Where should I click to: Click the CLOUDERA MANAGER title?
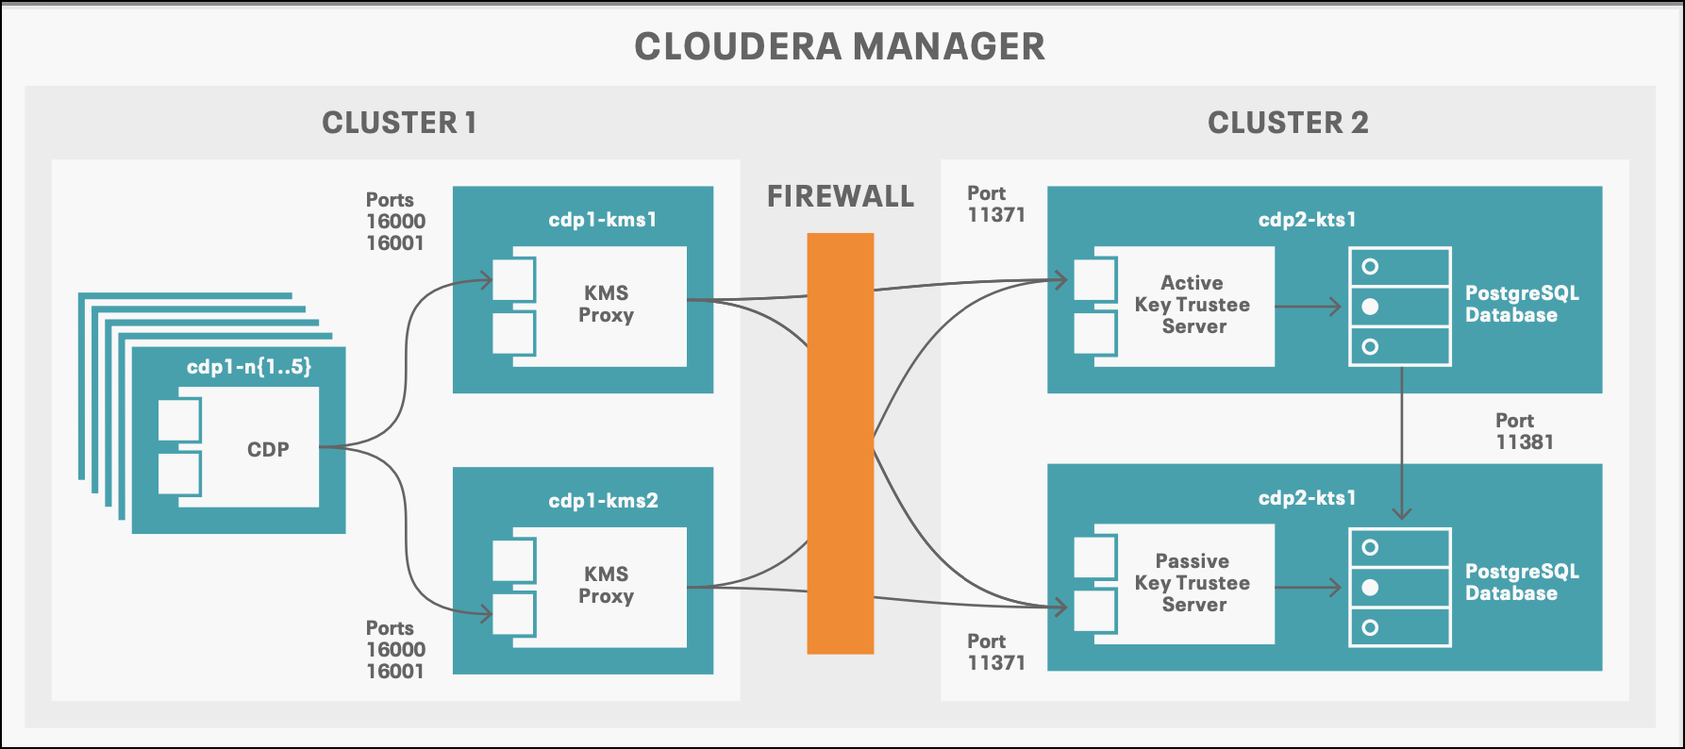(839, 46)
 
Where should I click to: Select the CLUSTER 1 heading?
(399, 123)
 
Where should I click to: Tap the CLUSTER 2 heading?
(1287, 123)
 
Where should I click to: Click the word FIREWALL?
(840, 196)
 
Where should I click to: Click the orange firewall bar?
(840, 443)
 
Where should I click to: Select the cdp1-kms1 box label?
(602, 220)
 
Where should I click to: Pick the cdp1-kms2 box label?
(603, 501)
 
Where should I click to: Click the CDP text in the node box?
(268, 450)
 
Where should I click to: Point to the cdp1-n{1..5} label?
(248, 367)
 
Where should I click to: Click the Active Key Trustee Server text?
(1193, 305)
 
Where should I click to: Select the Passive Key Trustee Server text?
(1193, 583)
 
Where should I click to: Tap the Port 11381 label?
(1523, 431)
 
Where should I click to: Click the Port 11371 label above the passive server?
(995, 652)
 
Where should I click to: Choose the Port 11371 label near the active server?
(995, 204)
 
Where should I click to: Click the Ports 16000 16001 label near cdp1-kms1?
(395, 222)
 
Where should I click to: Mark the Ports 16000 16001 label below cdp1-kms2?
(395, 650)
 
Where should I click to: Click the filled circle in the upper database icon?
(1371, 307)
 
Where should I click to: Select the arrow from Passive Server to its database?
(1308, 588)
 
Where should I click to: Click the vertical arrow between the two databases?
(1402, 443)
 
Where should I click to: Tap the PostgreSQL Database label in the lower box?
(1521, 582)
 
